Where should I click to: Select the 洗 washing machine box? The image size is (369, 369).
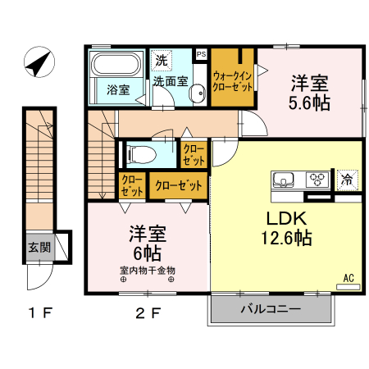pos(162,60)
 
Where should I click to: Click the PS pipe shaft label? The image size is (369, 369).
pos(201,54)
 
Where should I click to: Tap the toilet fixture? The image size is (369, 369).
pos(141,153)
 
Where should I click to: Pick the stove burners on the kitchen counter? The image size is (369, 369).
pos(317,180)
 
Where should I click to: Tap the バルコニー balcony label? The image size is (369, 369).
pos(271,309)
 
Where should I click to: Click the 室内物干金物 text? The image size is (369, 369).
pos(148,270)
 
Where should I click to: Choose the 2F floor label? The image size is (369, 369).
pos(148,312)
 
